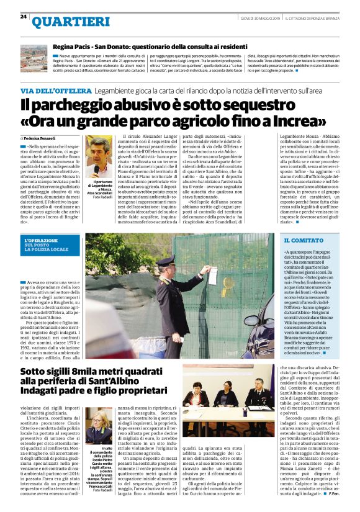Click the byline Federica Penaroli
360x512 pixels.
pyautogui.click(x=40, y=138)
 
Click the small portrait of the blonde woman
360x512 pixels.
pyautogui.click(x=98, y=420)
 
